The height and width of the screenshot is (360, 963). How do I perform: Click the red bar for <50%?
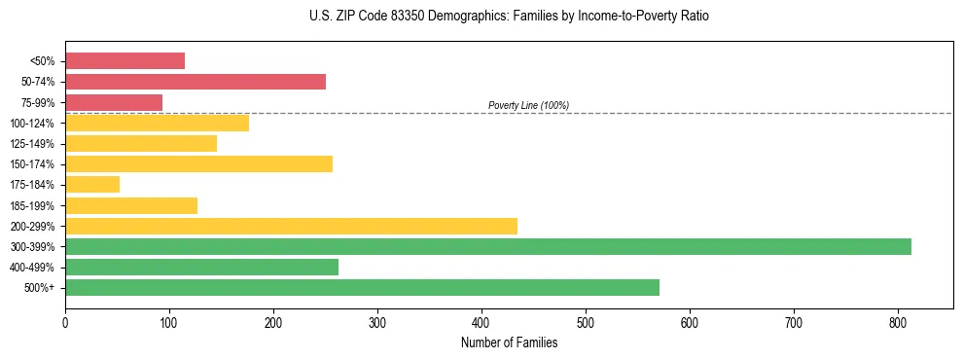click(x=125, y=61)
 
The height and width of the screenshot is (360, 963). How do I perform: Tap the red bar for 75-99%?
click(x=114, y=102)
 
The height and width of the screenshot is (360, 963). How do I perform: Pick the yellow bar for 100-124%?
click(x=157, y=123)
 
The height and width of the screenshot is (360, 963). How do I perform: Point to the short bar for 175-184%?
click(x=92, y=184)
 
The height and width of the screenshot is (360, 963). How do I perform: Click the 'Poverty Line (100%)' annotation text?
click(x=528, y=105)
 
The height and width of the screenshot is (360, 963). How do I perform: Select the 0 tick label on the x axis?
click(x=65, y=321)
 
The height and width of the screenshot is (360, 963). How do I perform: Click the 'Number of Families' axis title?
click(x=509, y=342)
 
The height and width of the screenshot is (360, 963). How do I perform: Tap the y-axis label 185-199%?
click(x=32, y=205)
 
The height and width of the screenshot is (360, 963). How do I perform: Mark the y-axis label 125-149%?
click(x=32, y=144)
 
